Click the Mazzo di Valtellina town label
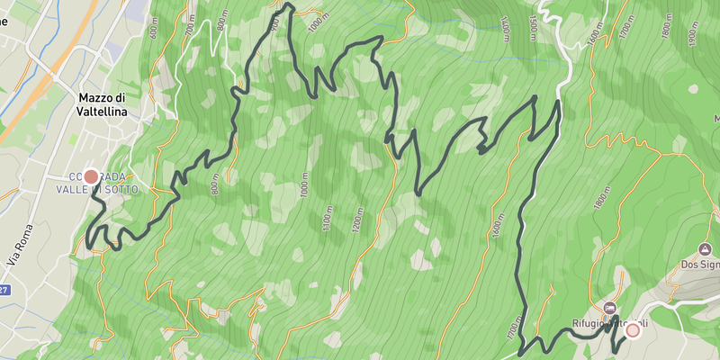(x=101, y=103)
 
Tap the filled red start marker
(x=91, y=177)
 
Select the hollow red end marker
(x=633, y=330)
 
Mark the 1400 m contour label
(x=506, y=30)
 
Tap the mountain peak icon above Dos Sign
(x=705, y=248)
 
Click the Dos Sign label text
(x=701, y=265)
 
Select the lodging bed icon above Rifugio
(x=612, y=306)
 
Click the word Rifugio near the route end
(x=591, y=323)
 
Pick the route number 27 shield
(x=4, y=290)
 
